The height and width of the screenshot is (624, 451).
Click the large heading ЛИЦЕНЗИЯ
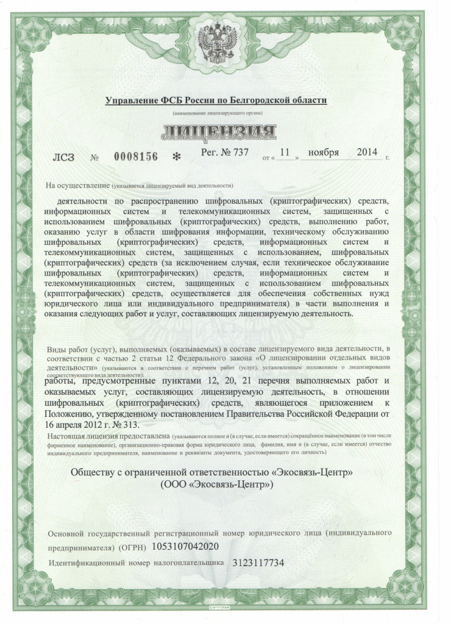218,130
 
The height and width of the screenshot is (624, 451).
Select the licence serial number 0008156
135,156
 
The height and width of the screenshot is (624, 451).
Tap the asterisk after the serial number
177,157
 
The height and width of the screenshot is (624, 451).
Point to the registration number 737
240,152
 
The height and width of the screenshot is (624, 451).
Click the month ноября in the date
324,152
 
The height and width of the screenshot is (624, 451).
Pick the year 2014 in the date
367,152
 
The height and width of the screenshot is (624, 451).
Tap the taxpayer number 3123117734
258,562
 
